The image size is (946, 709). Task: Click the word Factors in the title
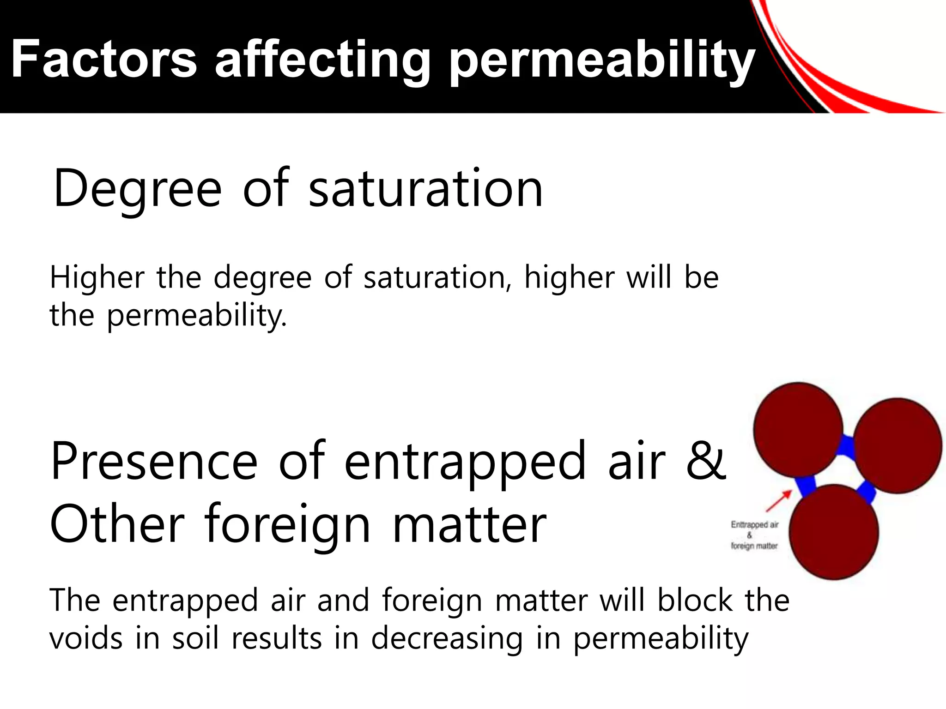[x=104, y=60]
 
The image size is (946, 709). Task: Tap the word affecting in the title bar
[x=322, y=60]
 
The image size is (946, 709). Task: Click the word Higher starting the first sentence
[x=97, y=277]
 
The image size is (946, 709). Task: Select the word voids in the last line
[x=86, y=638]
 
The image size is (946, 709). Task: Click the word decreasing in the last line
[x=447, y=639]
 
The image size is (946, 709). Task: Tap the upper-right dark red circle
[x=897, y=445]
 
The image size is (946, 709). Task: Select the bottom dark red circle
[x=834, y=532]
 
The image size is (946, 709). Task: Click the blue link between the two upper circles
[x=848, y=445]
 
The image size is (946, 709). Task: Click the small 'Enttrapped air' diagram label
[x=755, y=525]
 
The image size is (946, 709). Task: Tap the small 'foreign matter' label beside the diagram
[x=754, y=546]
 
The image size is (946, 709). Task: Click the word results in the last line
[x=277, y=638]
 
